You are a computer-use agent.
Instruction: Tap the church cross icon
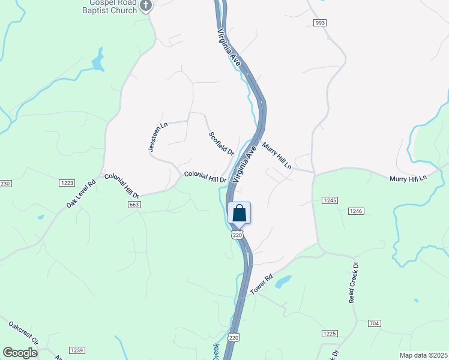[x=146, y=7]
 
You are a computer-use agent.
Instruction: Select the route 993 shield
[x=319, y=22]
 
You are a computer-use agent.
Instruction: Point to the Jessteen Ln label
[x=158, y=136]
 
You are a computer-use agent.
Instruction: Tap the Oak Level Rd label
[x=81, y=195]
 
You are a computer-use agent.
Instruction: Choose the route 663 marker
[x=134, y=205]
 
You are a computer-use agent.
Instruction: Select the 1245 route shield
[x=329, y=200]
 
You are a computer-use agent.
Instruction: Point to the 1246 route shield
[x=356, y=211]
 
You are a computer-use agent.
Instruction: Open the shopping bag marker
[x=239, y=213]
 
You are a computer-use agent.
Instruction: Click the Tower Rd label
[x=262, y=285]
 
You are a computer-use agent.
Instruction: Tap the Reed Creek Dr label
[x=354, y=282]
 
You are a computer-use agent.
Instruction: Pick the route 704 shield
[x=374, y=323]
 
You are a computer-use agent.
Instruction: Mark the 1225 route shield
[x=329, y=333]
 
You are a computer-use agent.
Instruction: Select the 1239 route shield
[x=76, y=350]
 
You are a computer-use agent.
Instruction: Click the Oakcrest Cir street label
[x=23, y=334]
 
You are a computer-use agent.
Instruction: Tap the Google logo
[x=20, y=352]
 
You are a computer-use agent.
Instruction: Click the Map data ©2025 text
[x=423, y=355]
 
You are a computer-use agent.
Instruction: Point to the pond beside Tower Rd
[x=283, y=281]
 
